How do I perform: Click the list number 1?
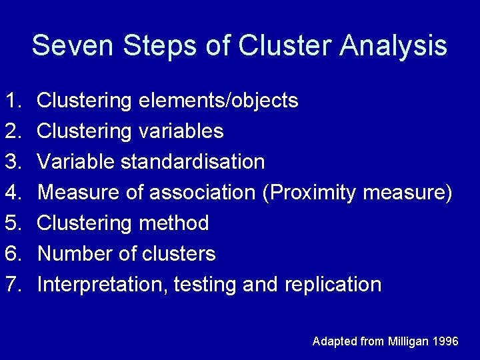coord(13,101)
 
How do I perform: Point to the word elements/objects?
coord(218,101)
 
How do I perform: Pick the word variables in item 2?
coord(181,131)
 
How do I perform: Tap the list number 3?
coord(13,162)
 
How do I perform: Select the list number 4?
coord(13,193)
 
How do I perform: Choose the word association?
coord(202,193)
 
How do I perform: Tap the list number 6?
coord(13,254)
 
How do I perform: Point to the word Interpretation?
coord(103,285)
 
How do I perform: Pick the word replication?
coord(333,285)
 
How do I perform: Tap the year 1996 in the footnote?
coord(445,341)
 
